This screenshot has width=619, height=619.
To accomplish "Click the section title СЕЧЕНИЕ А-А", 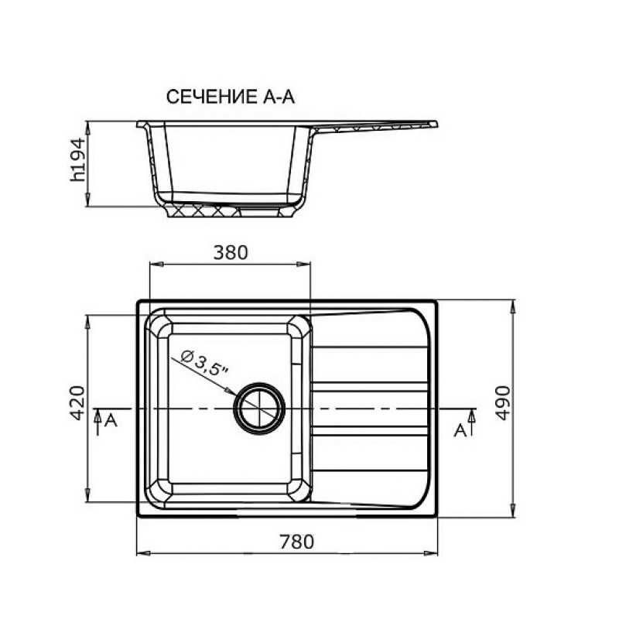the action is coord(230,97).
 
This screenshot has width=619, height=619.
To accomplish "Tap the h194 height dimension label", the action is coord(77,159).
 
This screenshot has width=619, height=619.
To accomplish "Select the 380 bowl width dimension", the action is coord(231,253).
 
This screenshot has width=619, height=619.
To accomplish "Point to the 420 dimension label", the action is coord(77,402).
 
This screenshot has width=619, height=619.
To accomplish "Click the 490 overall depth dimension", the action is coord(502,402).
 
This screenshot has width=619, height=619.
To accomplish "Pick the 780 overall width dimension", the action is coord(297,542).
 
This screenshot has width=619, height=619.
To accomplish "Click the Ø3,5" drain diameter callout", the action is coord(204,362).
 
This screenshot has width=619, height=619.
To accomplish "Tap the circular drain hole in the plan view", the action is coord(259,409).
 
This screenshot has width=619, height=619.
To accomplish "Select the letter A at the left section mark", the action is coord(111,421).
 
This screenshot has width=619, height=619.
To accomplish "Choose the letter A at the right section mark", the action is coord(460,431).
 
